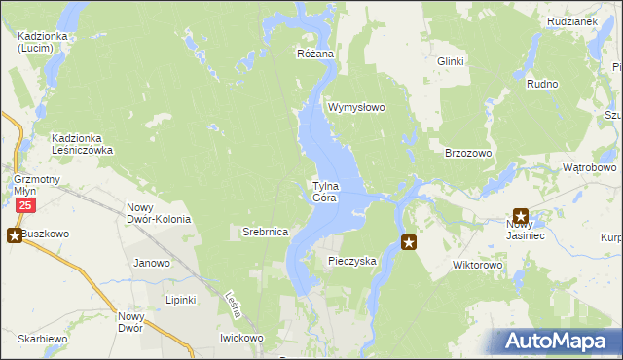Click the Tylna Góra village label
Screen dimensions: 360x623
tap(324, 192)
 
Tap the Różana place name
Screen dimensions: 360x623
tap(315, 54)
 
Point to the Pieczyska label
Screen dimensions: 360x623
tap(351, 261)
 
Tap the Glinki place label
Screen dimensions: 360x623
tap(451, 61)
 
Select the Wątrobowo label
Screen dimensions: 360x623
tap(589, 167)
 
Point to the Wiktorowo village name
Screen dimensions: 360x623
tap(477, 264)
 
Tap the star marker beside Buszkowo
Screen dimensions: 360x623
tap(14, 234)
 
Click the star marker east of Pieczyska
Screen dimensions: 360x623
tap(409, 242)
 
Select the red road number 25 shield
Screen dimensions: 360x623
tap(25, 206)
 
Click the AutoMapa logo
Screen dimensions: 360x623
tap(559, 342)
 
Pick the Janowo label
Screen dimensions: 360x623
tap(152, 263)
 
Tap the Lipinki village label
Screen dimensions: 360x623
tap(181, 299)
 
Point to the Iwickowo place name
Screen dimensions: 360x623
tap(241, 338)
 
